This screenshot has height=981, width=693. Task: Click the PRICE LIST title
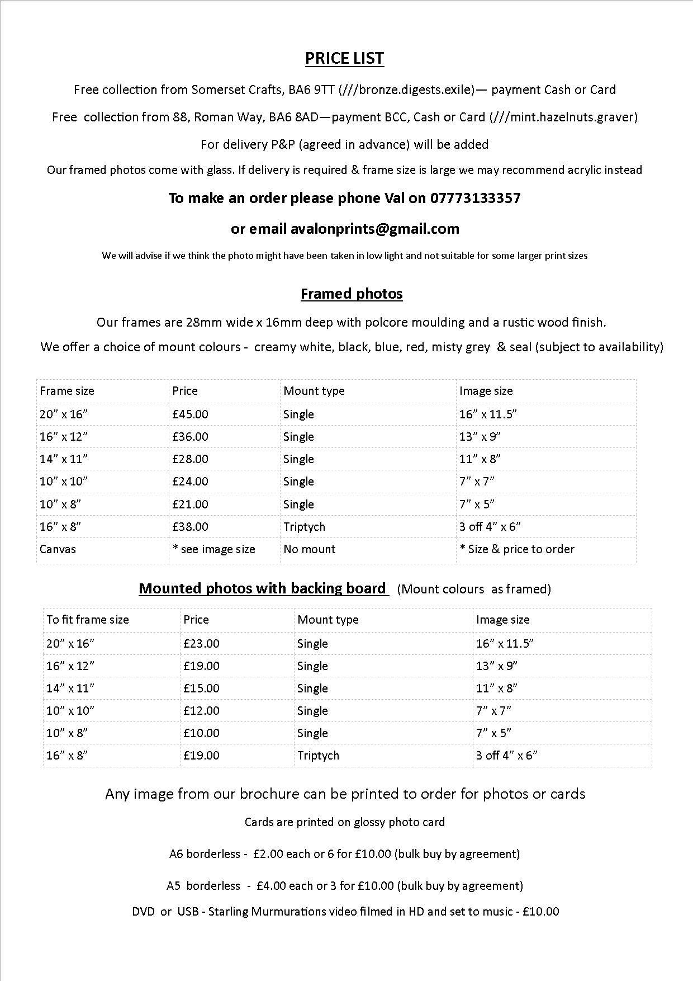pyautogui.click(x=344, y=58)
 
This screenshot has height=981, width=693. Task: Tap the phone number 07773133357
pyautogui.click(x=475, y=198)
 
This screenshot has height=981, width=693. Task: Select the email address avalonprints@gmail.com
pyautogui.click(x=374, y=229)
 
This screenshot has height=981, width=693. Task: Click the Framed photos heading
pyautogui.click(x=352, y=294)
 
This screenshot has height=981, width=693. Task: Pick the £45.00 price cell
pyautogui.click(x=190, y=414)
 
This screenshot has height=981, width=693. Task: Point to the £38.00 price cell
pyautogui.click(x=190, y=527)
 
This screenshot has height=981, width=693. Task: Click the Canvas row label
pyautogui.click(x=58, y=549)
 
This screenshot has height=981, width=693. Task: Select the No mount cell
pyautogui.click(x=309, y=549)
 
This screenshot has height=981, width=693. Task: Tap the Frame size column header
pyautogui.click(x=67, y=391)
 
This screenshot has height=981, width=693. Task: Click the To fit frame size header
pyautogui.click(x=88, y=620)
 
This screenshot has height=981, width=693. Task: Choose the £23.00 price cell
pyautogui.click(x=201, y=644)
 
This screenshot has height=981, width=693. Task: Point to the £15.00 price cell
pyautogui.click(x=201, y=688)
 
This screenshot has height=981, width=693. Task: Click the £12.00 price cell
pyautogui.click(x=201, y=711)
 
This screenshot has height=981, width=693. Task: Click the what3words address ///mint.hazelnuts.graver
pyautogui.click(x=563, y=117)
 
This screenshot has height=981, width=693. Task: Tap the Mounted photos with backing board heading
pyautogui.click(x=263, y=588)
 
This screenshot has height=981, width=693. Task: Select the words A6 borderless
pyautogui.click(x=205, y=854)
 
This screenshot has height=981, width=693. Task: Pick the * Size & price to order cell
pyautogui.click(x=517, y=549)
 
